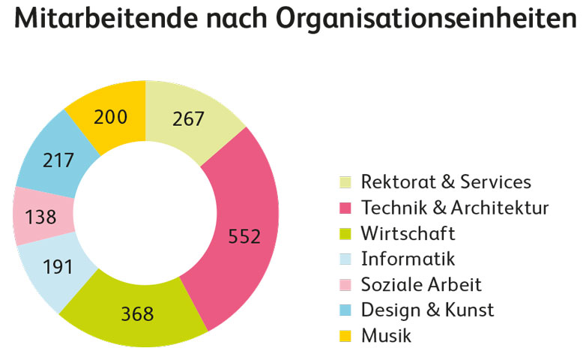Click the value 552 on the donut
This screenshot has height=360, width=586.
click(244, 237)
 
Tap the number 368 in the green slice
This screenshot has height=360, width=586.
click(137, 313)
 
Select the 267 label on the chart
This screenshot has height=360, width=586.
click(188, 119)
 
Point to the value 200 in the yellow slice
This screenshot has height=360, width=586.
click(111, 117)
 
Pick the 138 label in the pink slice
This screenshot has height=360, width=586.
click(40, 217)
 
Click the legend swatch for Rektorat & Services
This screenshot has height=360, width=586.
click(345, 182)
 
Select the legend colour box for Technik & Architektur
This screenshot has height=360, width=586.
click(345, 208)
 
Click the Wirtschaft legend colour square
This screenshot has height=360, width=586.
click(345, 233)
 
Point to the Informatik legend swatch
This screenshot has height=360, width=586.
click(345, 259)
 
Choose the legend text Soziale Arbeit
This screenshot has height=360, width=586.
click(420, 285)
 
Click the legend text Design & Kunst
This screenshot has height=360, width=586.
click(427, 310)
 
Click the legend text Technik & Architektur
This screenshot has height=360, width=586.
click(455, 208)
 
